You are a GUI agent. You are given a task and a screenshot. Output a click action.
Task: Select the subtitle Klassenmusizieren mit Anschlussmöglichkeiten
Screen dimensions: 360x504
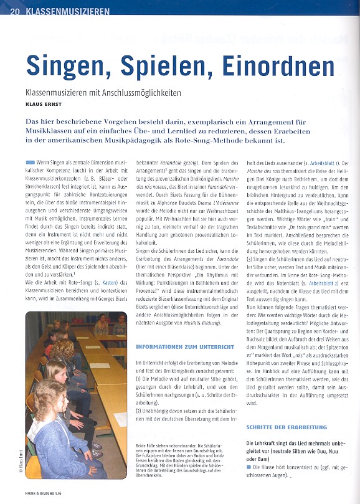point(101,92)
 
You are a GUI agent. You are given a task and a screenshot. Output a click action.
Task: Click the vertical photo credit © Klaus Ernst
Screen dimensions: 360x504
point(21,460)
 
